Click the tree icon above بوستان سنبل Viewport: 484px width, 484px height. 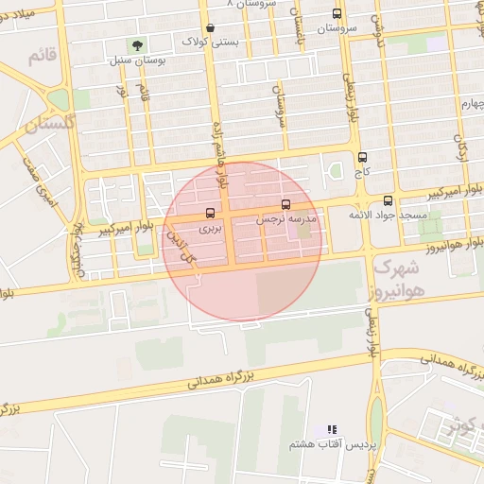point(138,44)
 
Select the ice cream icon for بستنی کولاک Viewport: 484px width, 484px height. point(209,28)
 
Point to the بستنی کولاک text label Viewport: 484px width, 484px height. point(209,43)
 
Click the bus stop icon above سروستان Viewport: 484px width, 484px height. point(337,14)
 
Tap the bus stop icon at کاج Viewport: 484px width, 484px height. point(362,158)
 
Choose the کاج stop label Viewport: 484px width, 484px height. point(361,173)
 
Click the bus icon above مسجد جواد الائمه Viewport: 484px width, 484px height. point(388,200)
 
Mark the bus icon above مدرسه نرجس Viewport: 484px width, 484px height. point(285,204)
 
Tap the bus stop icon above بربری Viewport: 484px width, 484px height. point(210,213)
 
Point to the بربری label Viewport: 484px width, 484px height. point(210,228)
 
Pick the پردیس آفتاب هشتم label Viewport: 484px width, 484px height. point(332,443)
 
